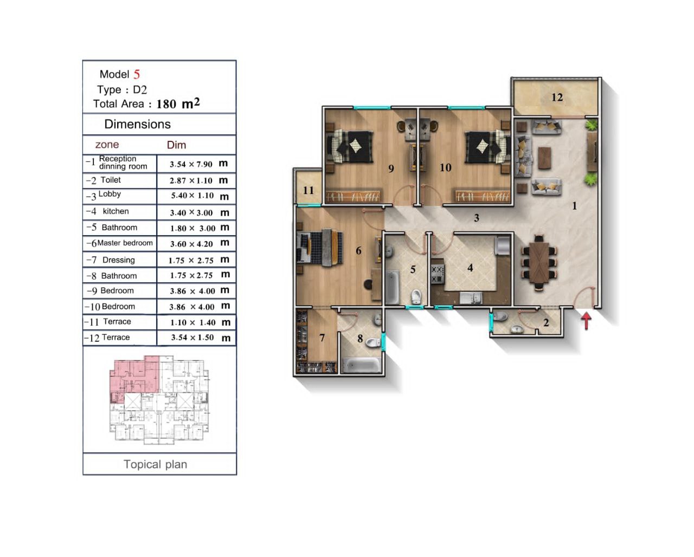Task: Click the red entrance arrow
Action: (586, 321)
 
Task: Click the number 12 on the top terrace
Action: (557, 97)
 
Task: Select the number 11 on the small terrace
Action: (309, 190)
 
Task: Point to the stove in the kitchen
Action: (438, 274)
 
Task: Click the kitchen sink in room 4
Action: (471, 297)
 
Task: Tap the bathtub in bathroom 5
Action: (393, 287)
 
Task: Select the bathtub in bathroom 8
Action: (362, 365)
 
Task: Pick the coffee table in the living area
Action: (545, 158)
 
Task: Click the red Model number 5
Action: (137, 74)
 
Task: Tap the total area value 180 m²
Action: (178, 103)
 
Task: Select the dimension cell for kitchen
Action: (196, 212)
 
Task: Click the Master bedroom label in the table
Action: (125, 243)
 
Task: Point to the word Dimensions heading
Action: (137, 124)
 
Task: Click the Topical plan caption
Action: (156, 464)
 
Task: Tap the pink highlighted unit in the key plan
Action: (136, 375)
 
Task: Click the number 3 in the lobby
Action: (477, 218)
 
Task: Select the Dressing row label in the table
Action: (118, 260)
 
